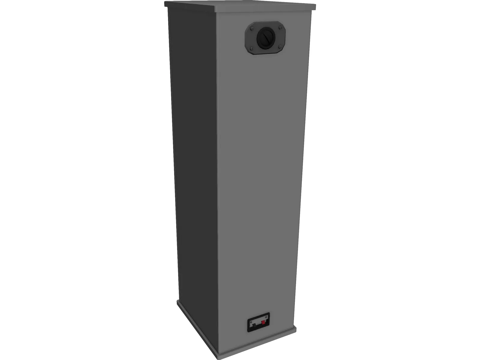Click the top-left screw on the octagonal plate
pos(252,29)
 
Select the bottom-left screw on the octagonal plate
pos(251,48)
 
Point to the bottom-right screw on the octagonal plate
pos(280,47)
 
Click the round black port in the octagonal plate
pos(266,38)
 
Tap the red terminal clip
pos(263,322)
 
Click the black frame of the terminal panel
pos(259,329)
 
